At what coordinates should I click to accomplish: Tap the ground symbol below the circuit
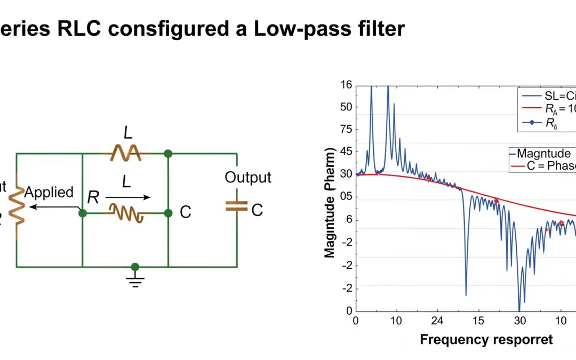135,281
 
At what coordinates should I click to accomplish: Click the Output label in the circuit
247,178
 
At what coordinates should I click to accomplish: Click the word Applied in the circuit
49,193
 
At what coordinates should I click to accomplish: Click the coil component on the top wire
125,154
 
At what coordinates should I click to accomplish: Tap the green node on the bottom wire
135,267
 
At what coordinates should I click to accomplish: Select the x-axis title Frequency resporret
486,339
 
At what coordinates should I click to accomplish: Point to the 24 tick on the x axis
437,321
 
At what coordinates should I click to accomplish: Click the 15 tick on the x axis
478,321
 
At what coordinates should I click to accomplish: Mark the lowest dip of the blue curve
519,310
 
